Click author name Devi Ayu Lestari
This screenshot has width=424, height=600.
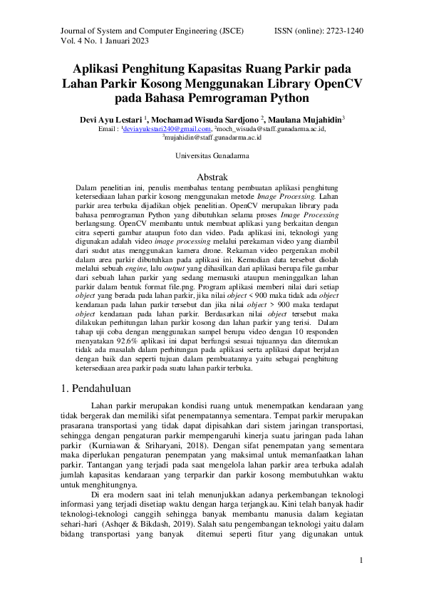coord(110,119)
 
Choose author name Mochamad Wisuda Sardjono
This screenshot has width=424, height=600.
coord(206,119)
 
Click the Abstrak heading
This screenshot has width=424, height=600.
coord(212,176)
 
